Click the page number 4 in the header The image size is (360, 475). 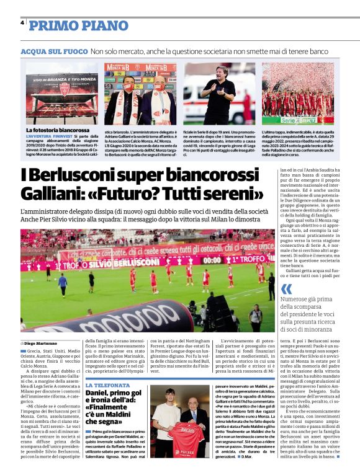tap(22, 24)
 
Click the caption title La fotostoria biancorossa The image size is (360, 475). tap(57, 130)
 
